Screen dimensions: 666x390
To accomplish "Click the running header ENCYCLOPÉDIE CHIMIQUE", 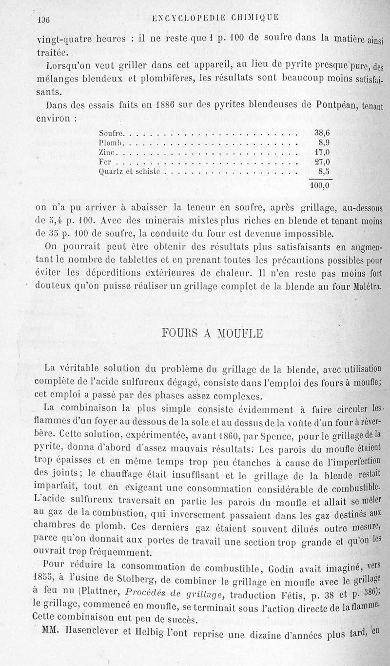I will [x=215, y=18].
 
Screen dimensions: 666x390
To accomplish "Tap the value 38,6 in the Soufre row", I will [x=322, y=132].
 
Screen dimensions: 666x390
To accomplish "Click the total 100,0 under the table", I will [x=320, y=185].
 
